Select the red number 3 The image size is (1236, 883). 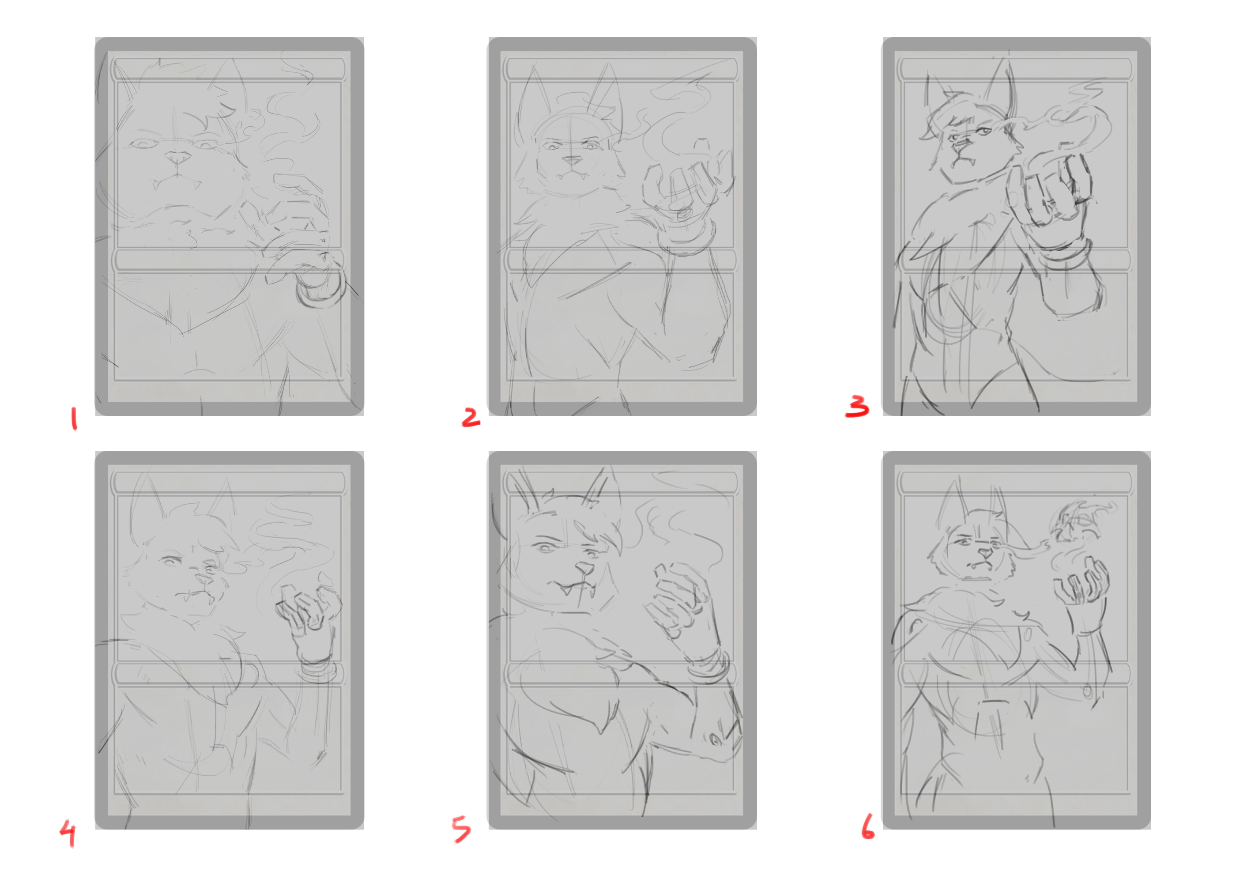(857, 406)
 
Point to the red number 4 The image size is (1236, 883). (68, 834)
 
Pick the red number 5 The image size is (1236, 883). (461, 829)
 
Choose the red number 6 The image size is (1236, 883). (868, 826)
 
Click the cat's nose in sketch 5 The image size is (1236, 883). (585, 569)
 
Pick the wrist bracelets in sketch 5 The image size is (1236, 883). (708, 668)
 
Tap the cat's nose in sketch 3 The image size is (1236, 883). (962, 143)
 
